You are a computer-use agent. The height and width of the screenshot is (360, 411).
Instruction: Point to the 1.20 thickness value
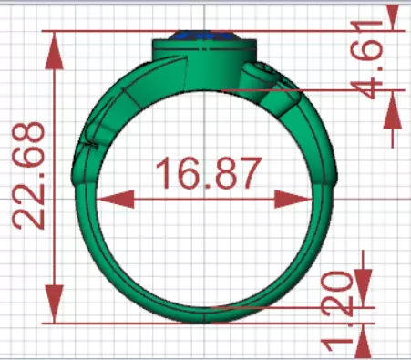342,294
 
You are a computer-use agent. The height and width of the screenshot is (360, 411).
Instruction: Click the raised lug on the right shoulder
260,76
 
